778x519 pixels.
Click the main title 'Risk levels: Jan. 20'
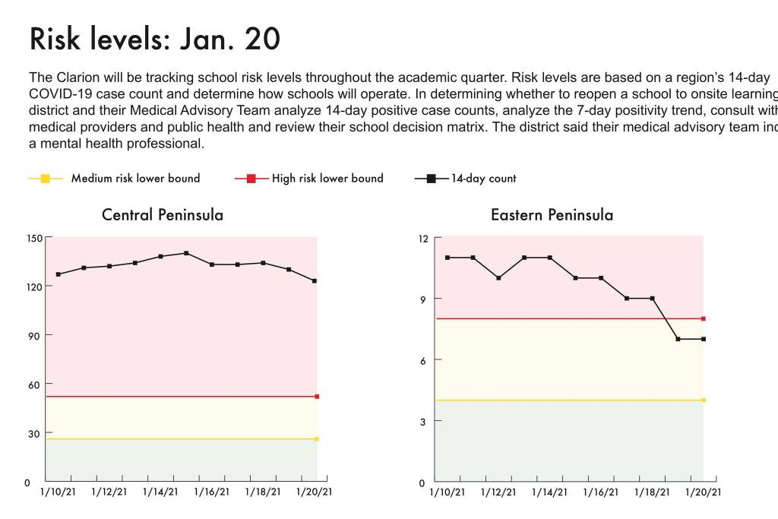(155, 39)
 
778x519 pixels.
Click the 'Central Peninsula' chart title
(163, 215)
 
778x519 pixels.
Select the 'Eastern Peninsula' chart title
(552, 215)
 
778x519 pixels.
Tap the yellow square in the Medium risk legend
(45, 179)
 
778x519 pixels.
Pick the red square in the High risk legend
(251, 179)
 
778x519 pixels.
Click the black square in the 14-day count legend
(432, 179)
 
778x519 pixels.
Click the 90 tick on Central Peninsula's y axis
(34, 335)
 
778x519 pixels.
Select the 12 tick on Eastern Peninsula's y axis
(424, 239)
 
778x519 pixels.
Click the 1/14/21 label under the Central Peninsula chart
(160, 492)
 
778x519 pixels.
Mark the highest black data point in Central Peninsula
(186, 253)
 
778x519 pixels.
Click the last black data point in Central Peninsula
(315, 281)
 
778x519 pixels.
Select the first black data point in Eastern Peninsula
(448, 258)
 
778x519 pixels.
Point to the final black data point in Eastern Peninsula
(704, 339)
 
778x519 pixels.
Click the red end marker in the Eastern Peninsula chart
(704, 318)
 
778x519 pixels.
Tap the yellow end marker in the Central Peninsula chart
(317, 439)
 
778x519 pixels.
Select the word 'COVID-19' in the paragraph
(55, 93)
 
